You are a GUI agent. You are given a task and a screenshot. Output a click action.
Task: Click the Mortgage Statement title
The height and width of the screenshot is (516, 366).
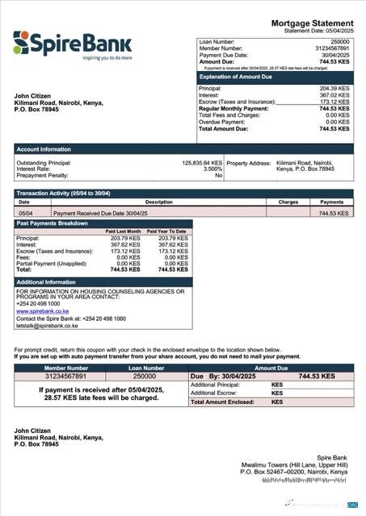(x=312, y=23)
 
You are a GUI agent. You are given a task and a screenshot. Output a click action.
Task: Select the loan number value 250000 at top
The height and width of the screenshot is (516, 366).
(x=340, y=40)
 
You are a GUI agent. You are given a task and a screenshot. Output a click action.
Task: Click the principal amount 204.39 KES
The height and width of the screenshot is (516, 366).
(x=334, y=89)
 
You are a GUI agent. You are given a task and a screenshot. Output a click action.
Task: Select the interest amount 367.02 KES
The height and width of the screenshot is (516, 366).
(x=334, y=96)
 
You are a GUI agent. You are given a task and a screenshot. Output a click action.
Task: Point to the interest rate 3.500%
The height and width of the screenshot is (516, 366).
(x=212, y=169)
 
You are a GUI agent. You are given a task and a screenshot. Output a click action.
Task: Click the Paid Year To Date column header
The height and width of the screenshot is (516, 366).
(x=172, y=231)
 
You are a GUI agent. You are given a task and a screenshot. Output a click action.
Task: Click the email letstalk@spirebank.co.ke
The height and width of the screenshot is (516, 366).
(x=47, y=326)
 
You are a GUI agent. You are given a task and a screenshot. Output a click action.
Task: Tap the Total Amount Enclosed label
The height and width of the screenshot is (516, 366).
(x=225, y=402)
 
